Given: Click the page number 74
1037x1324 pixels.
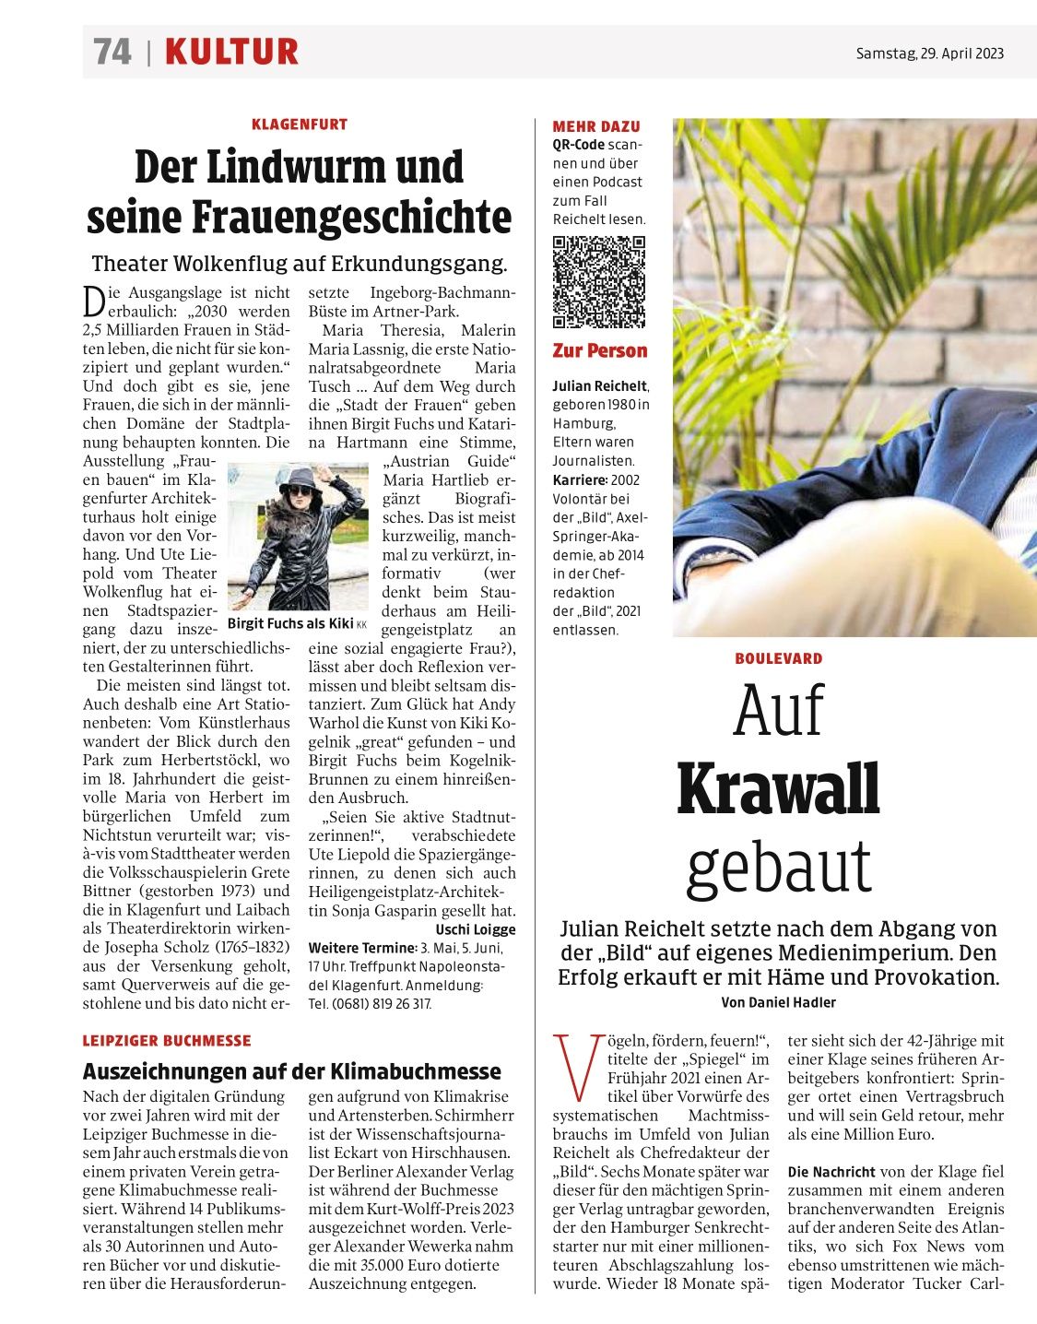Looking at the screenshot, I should click(112, 52).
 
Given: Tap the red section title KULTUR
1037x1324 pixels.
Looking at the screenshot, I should click(231, 52).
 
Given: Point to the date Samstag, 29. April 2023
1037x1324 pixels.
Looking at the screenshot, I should click(929, 53).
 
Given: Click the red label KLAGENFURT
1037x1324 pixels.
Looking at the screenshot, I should click(299, 124).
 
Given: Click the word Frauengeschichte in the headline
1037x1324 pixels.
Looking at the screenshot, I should click(351, 217).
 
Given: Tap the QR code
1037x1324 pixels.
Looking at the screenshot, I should click(598, 282).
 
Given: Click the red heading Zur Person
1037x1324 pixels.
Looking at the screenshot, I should click(599, 350).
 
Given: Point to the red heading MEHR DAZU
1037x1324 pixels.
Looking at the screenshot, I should click(595, 126).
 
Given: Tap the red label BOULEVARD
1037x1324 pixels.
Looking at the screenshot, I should click(778, 658).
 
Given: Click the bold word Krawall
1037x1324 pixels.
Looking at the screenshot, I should click(778, 789).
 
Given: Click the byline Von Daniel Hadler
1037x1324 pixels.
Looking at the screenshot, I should click(778, 1002).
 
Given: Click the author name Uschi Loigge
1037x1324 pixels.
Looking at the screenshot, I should click(476, 929).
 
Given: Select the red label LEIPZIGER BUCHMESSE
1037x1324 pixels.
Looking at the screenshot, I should click(167, 1041).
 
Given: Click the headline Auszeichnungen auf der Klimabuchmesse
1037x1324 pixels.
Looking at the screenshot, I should click(291, 1071).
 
